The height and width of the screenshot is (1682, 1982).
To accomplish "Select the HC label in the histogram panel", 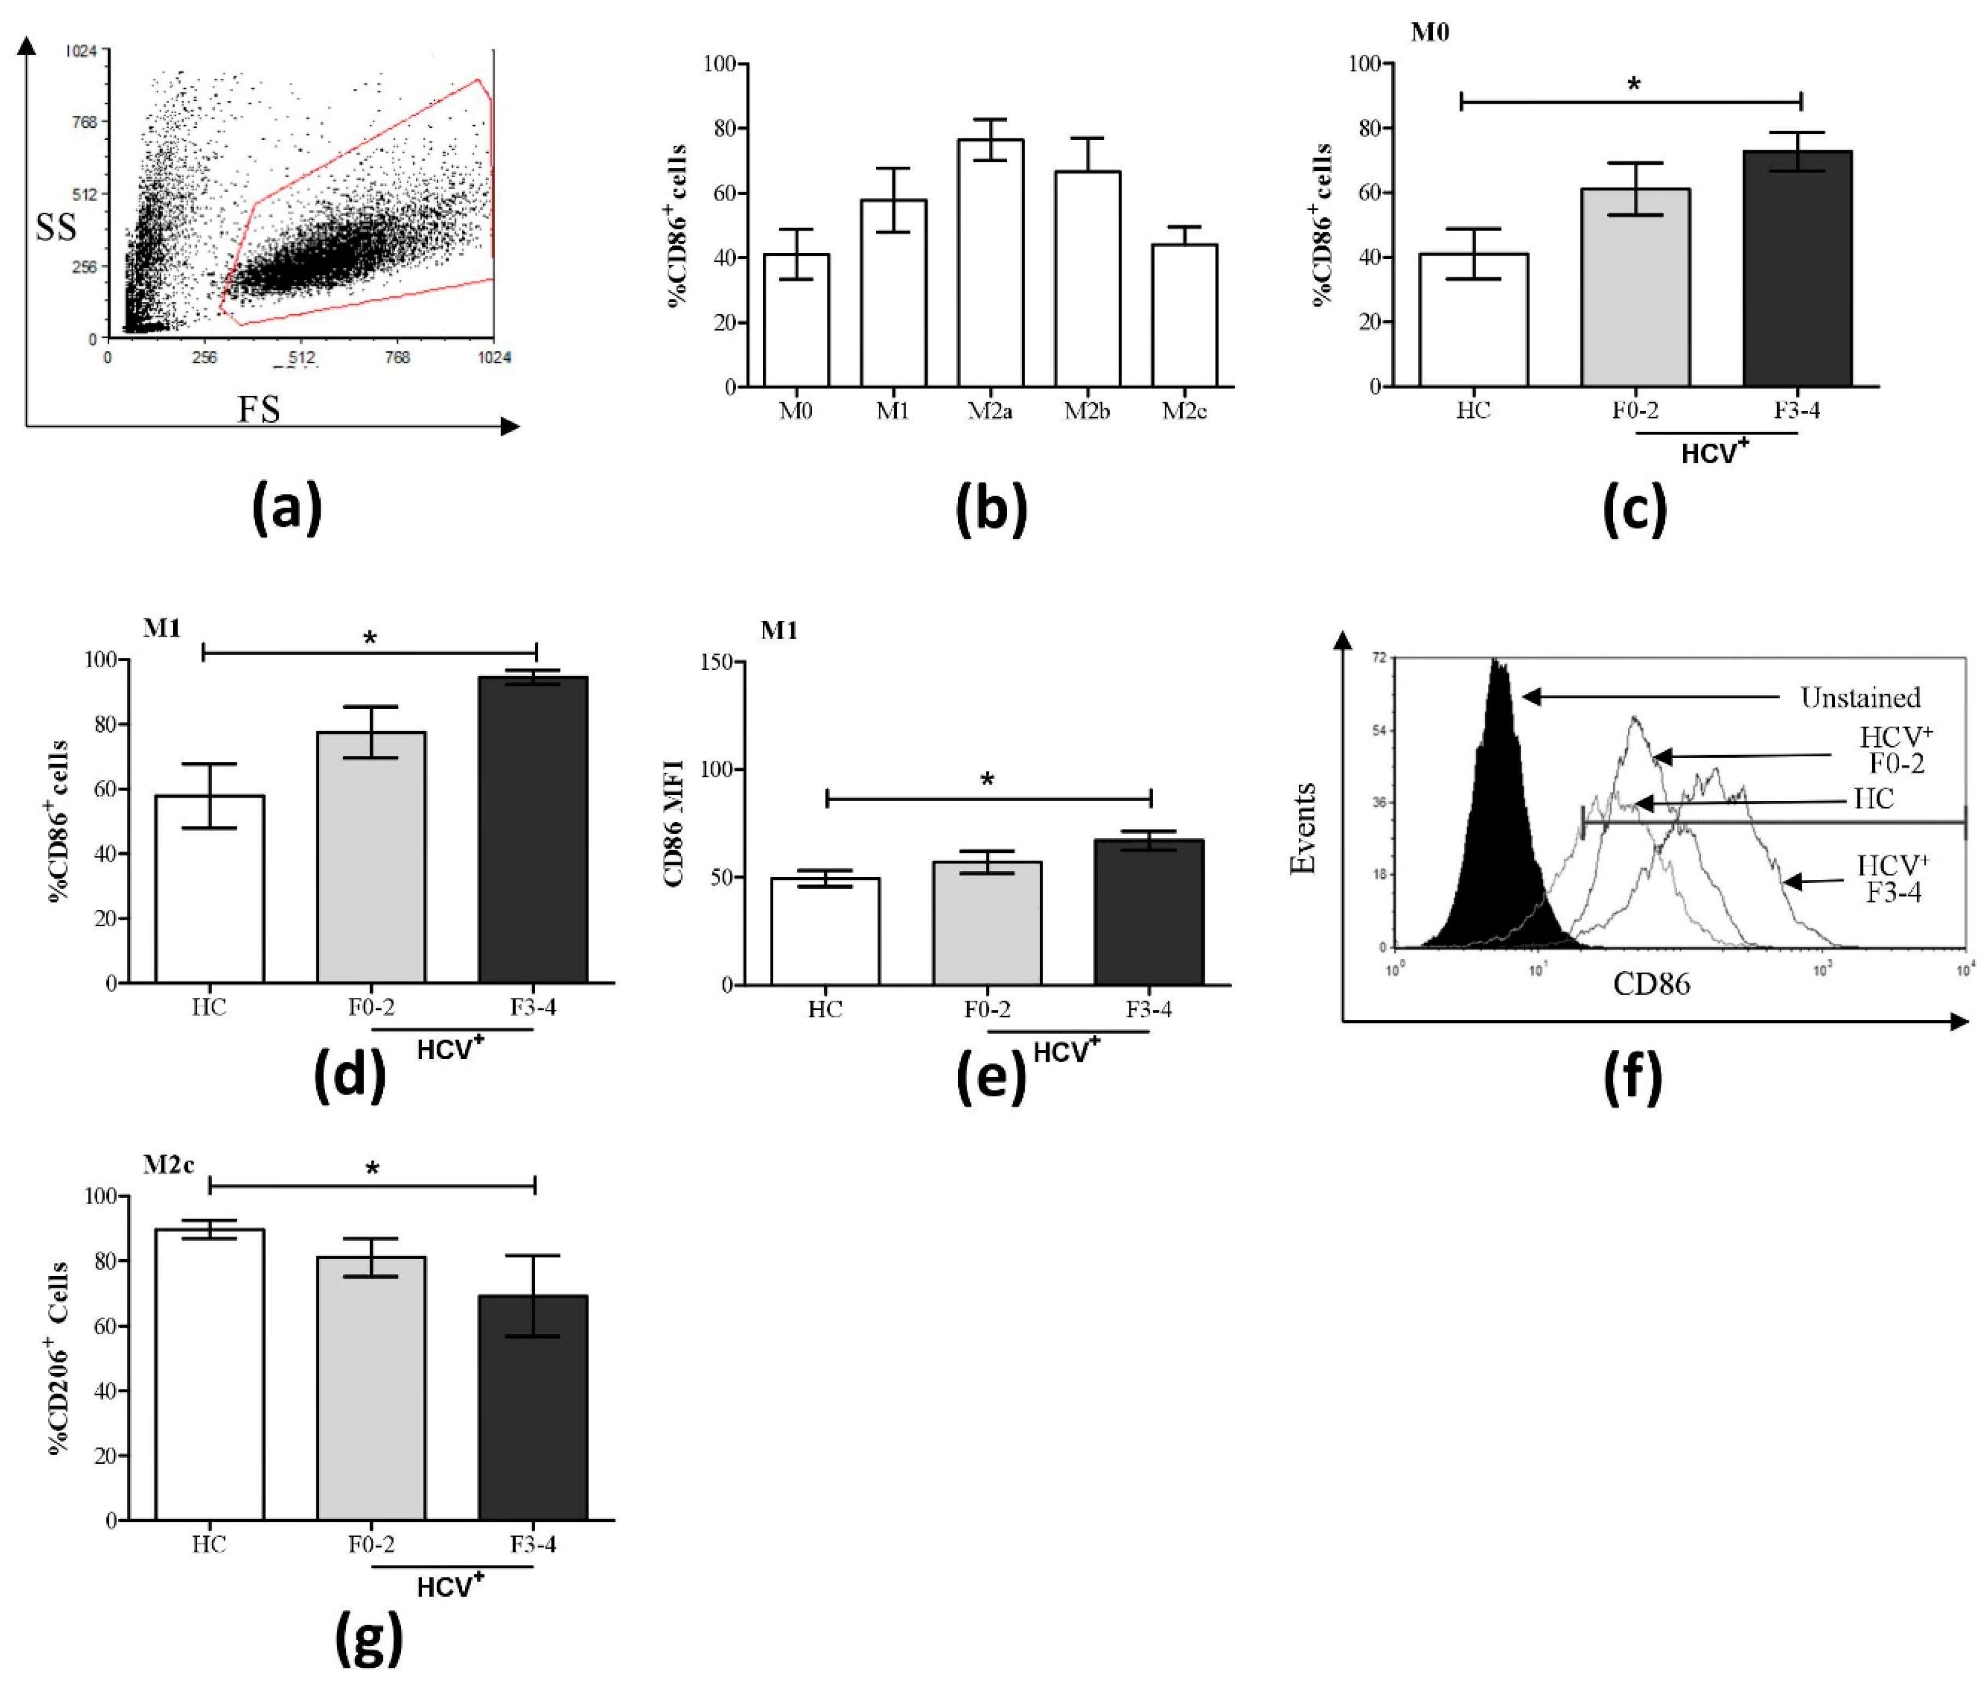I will (1873, 799).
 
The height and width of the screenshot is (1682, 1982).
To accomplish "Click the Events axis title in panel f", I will (1302, 828).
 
